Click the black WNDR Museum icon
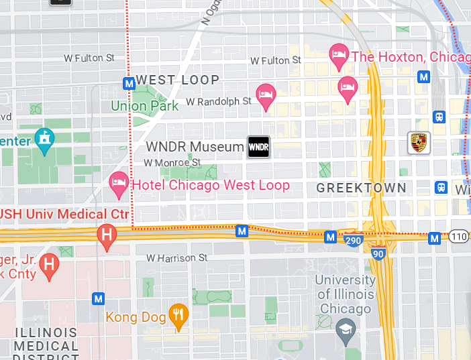coord(258,147)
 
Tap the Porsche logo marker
coord(419,142)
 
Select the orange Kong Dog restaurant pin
coord(178,316)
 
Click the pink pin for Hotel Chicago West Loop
coord(119,184)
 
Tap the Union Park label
coord(145,105)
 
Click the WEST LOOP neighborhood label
coord(177,80)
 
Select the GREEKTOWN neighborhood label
coord(361,188)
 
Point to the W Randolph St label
coord(218,101)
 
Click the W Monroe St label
coord(172,162)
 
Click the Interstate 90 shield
coord(378,253)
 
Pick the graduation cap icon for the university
coord(346,332)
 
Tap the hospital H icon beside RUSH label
coord(106,235)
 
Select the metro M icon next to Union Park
coord(129,83)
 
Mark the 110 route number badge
coord(459,237)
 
